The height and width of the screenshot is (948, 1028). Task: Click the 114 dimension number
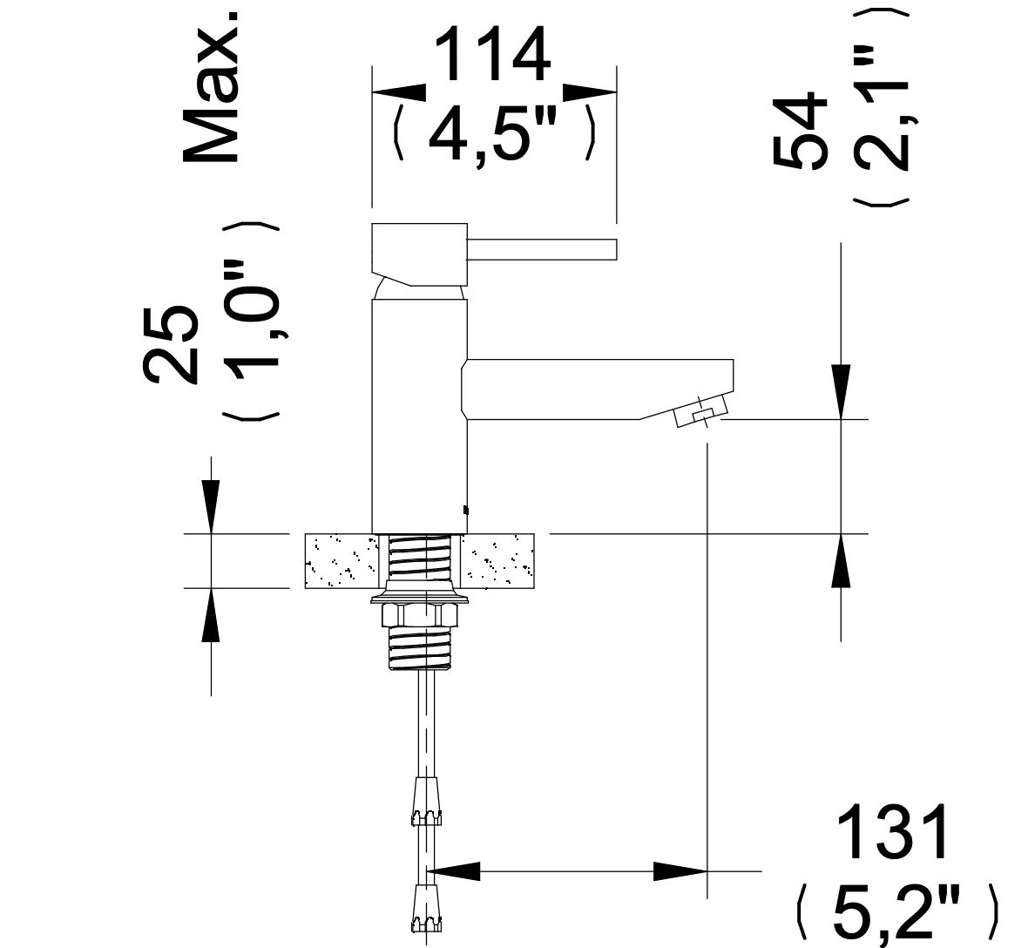494,55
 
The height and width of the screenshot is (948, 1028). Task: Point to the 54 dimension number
800,131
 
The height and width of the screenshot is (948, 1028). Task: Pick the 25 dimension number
171,343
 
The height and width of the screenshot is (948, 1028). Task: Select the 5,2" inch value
896,912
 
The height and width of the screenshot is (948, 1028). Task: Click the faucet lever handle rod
542,249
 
